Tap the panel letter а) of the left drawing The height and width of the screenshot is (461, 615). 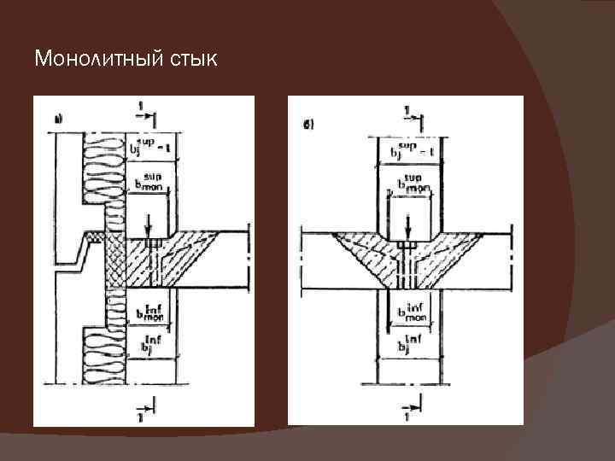click(x=58, y=120)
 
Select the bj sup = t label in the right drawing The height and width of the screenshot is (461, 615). click(x=413, y=151)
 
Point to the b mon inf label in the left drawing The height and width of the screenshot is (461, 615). click(x=149, y=314)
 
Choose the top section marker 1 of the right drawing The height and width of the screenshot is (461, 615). click(x=408, y=111)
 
